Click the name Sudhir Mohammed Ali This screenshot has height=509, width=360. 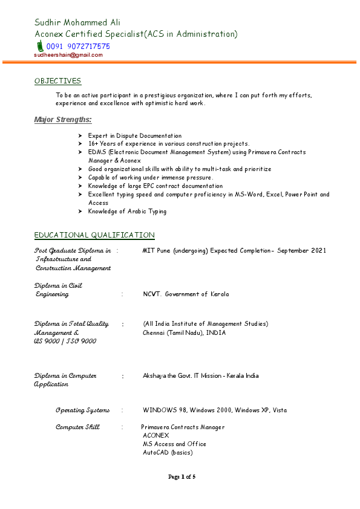click(x=77, y=22)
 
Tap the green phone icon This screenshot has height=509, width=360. click(x=39, y=46)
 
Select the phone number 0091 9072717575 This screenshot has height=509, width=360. click(x=78, y=47)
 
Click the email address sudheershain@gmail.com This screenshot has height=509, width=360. click(x=68, y=55)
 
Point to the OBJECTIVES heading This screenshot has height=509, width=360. click(x=57, y=81)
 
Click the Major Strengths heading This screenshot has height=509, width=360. click(x=63, y=120)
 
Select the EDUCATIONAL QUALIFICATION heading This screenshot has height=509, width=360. click(x=94, y=235)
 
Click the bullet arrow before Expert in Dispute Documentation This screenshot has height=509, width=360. click(x=80, y=136)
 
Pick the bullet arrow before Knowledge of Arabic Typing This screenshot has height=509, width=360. click(x=80, y=212)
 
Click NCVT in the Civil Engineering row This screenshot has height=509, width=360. click(x=151, y=294)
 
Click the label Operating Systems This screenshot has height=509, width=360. click(x=83, y=410)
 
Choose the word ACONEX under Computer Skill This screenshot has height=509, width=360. click(x=156, y=435)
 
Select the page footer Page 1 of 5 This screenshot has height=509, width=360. click(x=182, y=477)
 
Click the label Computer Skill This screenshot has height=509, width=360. click(x=77, y=427)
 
